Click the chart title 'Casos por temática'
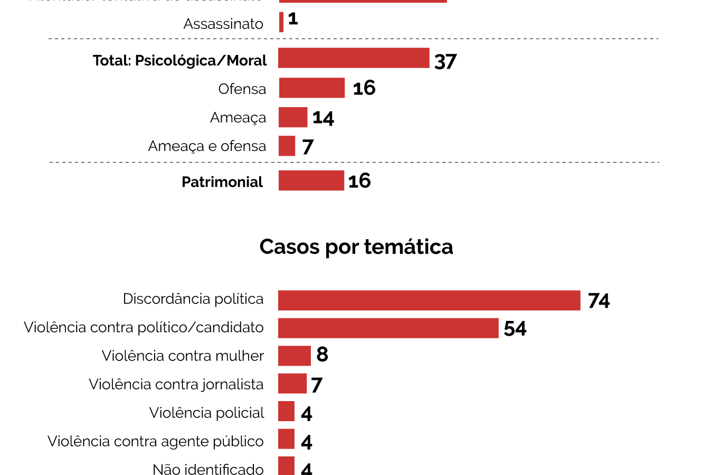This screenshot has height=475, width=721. pyautogui.click(x=356, y=247)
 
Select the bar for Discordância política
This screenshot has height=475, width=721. pyautogui.click(x=429, y=300)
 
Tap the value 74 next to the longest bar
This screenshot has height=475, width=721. pyautogui.click(x=599, y=301)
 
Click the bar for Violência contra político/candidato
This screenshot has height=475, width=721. pyautogui.click(x=388, y=328)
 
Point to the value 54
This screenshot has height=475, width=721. pyautogui.click(x=515, y=329)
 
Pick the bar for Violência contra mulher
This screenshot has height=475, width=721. pyautogui.click(x=295, y=356)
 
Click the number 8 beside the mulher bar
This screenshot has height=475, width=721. pyautogui.click(x=322, y=355)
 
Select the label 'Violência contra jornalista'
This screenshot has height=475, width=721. pyautogui.click(x=176, y=384)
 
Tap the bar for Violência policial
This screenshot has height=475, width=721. pyautogui.click(x=287, y=411)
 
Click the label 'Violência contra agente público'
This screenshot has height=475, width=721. pyautogui.click(x=156, y=441)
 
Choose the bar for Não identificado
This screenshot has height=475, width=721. pyautogui.click(x=287, y=466)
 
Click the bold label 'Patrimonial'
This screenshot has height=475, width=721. pyautogui.click(x=222, y=182)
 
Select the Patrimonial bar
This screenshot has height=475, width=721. pyautogui.click(x=311, y=180)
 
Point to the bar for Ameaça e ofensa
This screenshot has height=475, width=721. pyautogui.click(x=287, y=146)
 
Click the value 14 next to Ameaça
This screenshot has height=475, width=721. pyautogui.click(x=323, y=118)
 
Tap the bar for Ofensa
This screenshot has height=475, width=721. pyautogui.click(x=312, y=88)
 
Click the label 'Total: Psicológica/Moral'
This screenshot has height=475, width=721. pyautogui.click(x=180, y=61)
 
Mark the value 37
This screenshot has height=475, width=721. pyautogui.click(x=445, y=61)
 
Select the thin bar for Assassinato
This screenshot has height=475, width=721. pyautogui.click(x=281, y=22)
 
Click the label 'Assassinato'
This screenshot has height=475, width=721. pyautogui.click(x=223, y=24)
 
